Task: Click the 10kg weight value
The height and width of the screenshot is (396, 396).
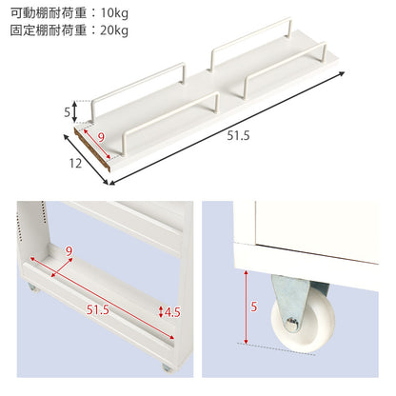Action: pos(114,13)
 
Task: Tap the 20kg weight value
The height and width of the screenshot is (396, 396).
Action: pos(114,30)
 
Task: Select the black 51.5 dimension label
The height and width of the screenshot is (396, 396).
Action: pos(238,136)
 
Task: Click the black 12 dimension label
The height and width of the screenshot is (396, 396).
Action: pos(75,164)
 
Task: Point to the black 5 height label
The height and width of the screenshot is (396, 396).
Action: pos(68,112)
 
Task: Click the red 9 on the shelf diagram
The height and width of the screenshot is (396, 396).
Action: pos(101,138)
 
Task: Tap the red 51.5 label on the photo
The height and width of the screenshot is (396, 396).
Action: pos(98,309)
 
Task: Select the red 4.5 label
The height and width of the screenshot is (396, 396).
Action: pos(172,312)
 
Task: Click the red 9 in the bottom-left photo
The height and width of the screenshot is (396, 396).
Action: pos(69,251)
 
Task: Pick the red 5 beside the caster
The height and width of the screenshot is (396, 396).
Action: pos(254,307)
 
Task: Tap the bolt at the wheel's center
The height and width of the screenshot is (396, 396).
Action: pos(292,324)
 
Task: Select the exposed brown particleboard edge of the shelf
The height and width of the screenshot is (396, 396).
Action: pos(92,148)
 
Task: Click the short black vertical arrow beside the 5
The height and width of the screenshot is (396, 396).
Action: pos(74,111)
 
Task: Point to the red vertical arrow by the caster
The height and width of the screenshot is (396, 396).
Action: pos(246,307)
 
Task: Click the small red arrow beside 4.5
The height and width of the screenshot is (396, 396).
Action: pos(161,312)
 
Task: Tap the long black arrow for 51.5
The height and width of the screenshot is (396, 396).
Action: pos(227,129)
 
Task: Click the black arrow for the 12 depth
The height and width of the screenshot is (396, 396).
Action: pos(86,160)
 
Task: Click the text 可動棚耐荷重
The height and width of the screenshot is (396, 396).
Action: pos(49,13)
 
